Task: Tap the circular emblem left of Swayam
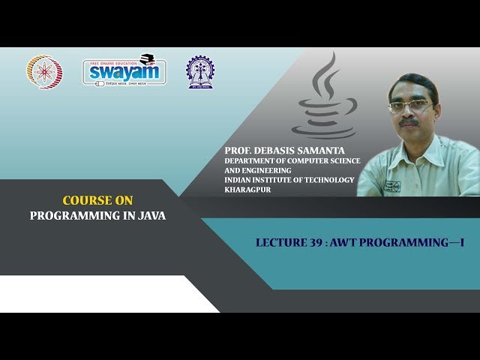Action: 44,73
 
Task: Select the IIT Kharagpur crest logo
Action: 199,73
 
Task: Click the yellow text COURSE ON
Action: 97,201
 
